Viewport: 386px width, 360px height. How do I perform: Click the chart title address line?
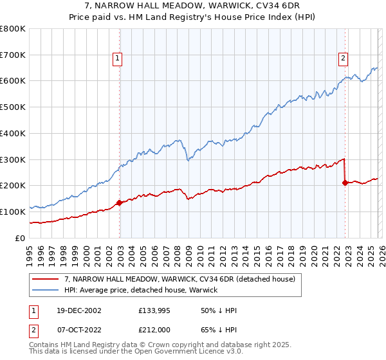click(192, 6)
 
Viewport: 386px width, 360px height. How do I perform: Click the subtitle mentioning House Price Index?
click(192, 17)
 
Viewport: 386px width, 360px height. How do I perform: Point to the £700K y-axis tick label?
click(13, 55)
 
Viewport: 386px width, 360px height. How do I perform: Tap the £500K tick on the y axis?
click(13, 107)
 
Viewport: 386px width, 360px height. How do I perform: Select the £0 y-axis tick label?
click(21, 238)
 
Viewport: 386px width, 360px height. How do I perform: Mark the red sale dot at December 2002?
click(120, 203)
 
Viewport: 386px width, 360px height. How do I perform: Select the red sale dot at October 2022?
click(345, 183)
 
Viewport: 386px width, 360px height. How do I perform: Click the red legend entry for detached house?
click(179, 279)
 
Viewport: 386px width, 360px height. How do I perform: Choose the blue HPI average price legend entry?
click(141, 290)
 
